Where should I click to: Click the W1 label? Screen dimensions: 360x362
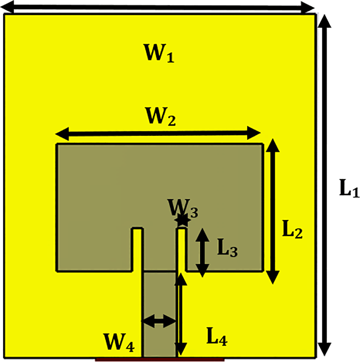click(158, 53)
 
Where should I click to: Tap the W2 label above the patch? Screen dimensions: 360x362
click(161, 116)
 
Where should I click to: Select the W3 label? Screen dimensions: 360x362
click(183, 208)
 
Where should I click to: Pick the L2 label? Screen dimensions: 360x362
click(292, 229)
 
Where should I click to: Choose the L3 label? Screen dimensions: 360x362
click(227, 248)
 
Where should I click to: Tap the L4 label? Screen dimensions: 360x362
click(217, 337)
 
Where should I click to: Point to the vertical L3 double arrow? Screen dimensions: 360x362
click(203, 253)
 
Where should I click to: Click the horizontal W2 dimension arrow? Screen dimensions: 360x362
click(158, 133)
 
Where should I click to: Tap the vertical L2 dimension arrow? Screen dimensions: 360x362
click(273, 211)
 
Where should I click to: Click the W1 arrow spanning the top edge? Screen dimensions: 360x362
click(158, 8)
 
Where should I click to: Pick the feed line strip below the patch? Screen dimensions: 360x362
click(159, 314)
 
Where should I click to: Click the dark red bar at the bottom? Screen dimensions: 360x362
click(160, 359)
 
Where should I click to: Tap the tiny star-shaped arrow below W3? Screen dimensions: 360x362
click(183, 220)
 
